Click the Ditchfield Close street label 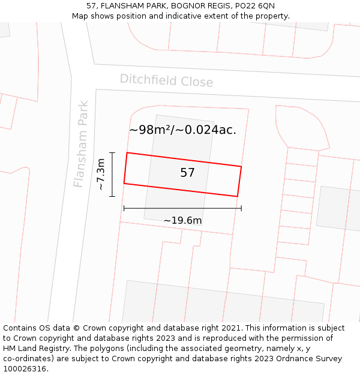[166, 80]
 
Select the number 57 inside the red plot [187, 173]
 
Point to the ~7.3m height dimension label [101, 174]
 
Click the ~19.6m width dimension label [182, 220]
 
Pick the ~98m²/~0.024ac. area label [182, 130]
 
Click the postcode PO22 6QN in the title [255, 5]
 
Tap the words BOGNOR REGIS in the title [201, 5]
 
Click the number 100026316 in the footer [26, 369]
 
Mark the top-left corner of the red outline [127, 153]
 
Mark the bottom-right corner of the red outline [237, 196]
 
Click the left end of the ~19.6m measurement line [124, 208]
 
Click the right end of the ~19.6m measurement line [241, 208]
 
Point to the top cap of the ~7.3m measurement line [112, 152]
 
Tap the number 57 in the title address [91, 5]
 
